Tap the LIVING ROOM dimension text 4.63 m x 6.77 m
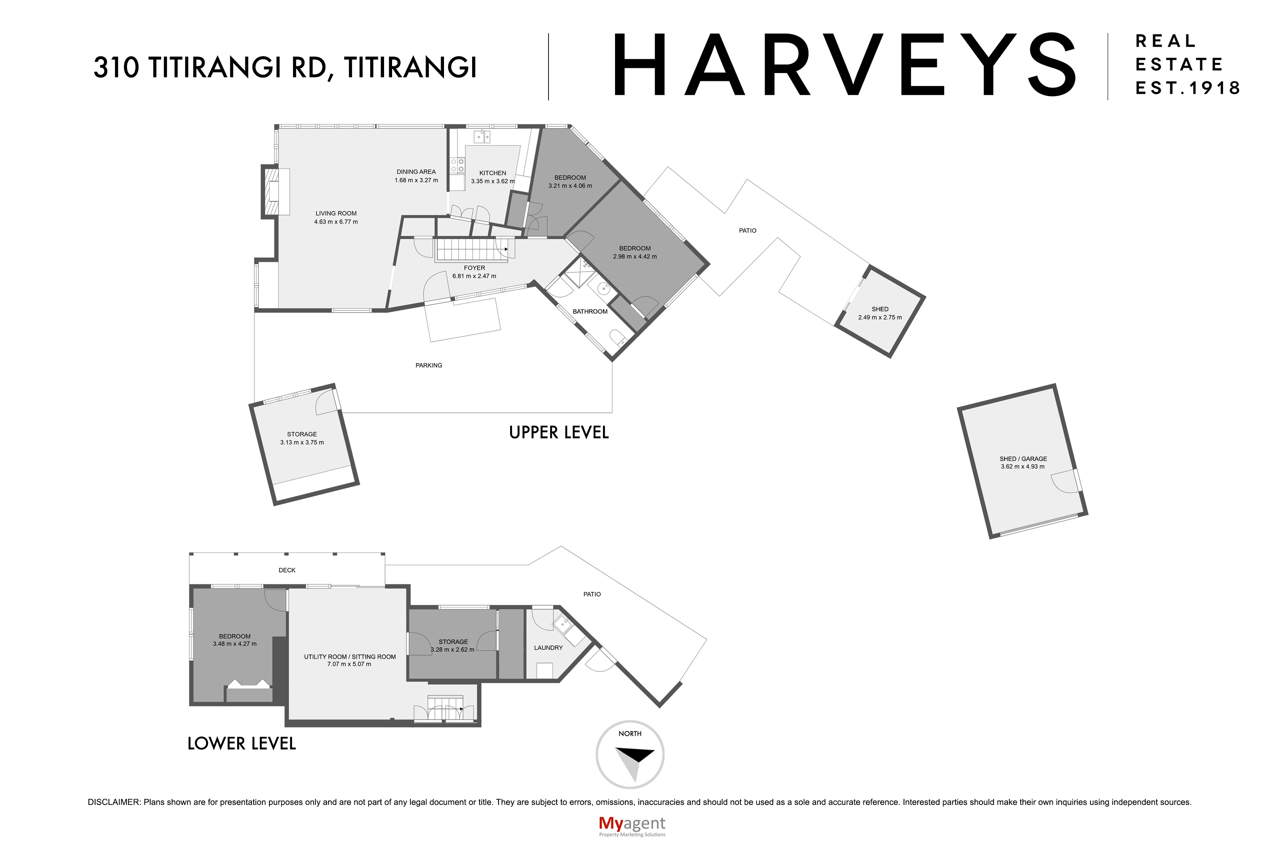coord(336,222)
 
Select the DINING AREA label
coord(416,172)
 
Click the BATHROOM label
coord(590,312)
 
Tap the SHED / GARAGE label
coord(1023,459)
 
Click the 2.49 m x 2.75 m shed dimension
coord(880,317)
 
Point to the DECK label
coord(287,570)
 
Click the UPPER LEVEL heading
coord(559,432)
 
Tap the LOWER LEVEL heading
coord(241,743)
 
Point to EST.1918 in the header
coord(1188,88)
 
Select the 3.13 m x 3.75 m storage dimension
coord(302,442)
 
